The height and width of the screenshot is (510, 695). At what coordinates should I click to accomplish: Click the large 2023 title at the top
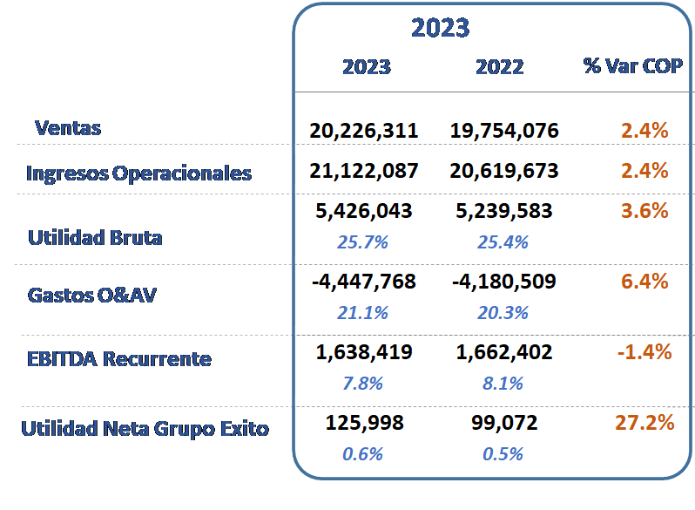pos(440,28)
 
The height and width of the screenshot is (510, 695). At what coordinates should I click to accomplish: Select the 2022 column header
pos(500,67)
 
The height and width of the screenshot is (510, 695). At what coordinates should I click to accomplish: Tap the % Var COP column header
pos(632,66)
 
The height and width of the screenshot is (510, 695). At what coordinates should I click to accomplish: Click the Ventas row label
pos(68,128)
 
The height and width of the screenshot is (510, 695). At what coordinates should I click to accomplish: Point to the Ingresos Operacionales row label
pos(138,173)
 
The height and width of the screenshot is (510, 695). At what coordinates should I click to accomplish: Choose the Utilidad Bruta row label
pos(95,237)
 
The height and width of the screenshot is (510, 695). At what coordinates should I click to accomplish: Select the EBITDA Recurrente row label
pos(119,359)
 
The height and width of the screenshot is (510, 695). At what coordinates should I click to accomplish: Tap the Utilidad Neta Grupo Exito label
pos(145,429)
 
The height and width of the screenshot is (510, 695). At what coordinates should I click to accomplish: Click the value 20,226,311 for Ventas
pos(363,131)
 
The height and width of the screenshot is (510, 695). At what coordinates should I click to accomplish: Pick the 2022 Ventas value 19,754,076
pos(504,131)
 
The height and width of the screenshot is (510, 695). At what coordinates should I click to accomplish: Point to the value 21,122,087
pos(363,171)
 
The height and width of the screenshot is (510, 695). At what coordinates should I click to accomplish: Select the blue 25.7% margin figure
pos(362,241)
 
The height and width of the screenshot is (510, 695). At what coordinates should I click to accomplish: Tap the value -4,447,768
pos(363,282)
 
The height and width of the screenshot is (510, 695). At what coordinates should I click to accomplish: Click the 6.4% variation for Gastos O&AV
pos(644,282)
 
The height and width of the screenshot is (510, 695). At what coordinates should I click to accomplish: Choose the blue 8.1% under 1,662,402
pos(503,383)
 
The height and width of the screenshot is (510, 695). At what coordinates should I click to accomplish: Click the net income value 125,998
pos(364,423)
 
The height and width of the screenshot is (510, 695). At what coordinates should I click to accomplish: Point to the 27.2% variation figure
pos(644,423)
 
